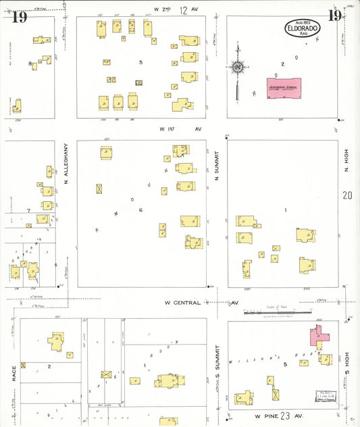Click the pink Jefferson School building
tap(284, 89)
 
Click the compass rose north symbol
tap(238, 67)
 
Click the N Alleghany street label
tap(66, 163)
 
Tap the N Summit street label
tap(217, 166)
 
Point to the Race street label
tap(13, 373)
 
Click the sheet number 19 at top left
tap(19, 17)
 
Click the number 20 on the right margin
tap(347, 195)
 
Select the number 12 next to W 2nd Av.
tap(183, 9)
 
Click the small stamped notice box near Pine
tap(325, 397)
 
